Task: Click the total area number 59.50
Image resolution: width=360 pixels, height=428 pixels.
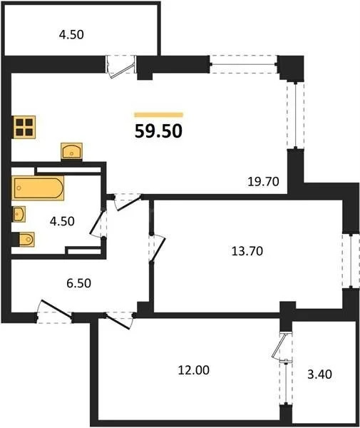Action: click(158, 131)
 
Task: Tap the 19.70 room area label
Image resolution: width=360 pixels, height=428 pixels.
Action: click(259, 183)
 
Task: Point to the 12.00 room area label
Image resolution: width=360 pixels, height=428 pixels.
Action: click(194, 371)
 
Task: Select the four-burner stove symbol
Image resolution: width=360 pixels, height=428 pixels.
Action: click(24, 127)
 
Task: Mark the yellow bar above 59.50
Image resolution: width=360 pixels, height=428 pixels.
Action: click(158, 114)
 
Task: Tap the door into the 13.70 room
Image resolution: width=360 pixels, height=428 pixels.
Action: click(154, 247)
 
